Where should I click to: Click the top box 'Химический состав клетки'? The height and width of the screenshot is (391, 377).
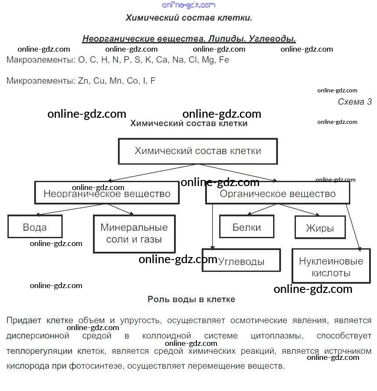coord(198,151)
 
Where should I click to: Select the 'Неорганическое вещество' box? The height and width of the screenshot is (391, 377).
coord(107,194)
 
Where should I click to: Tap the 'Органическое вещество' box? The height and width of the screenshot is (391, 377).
coord(277,194)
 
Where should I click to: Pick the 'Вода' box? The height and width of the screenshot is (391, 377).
coord(35,227)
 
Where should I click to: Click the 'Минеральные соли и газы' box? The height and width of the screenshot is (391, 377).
coord(134,234)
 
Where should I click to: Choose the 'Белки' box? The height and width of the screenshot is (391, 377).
coord(247,227)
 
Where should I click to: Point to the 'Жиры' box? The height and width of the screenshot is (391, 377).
coord(320,228)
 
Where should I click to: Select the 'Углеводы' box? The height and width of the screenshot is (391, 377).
coord(241,261)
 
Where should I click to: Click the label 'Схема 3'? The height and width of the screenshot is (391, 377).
coord(355,102)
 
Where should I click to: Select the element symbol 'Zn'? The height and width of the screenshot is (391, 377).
coord(84,81)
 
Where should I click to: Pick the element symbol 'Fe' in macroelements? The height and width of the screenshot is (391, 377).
coord(224,60)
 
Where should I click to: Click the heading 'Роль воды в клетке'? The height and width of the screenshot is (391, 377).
coord(191,299)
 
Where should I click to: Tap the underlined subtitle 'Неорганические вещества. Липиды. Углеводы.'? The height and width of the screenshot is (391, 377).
coord(189,39)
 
